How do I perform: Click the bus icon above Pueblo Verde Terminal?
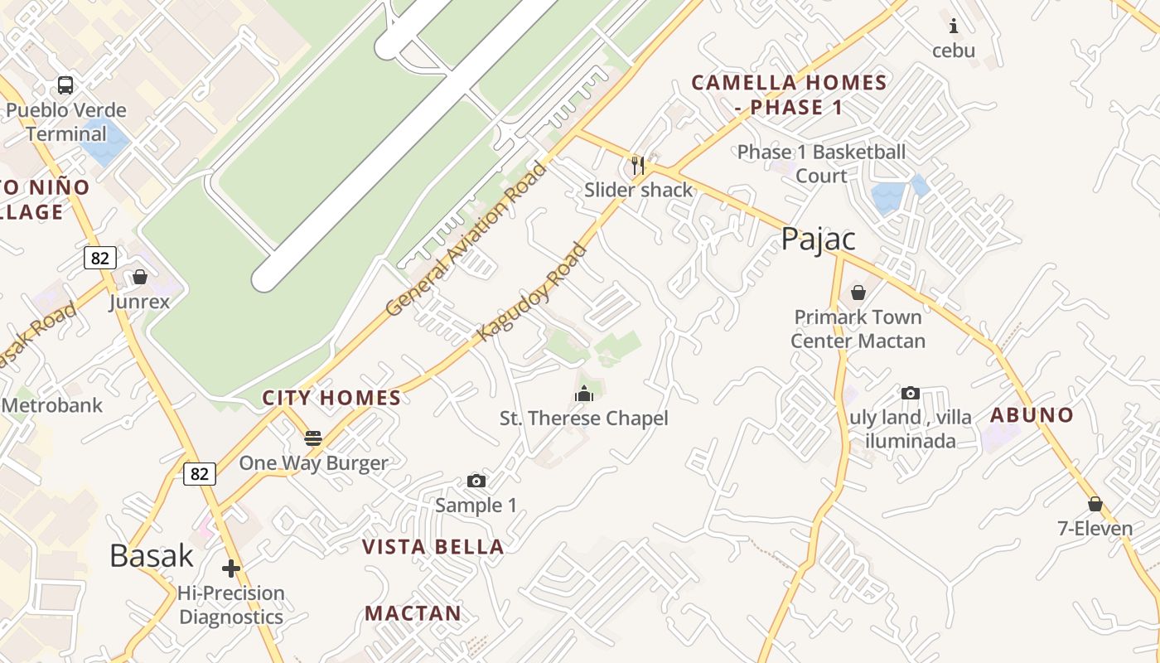[x=65, y=85]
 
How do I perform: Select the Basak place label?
[x=152, y=555]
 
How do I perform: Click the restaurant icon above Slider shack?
[x=637, y=166]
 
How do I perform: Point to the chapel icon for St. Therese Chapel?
[x=584, y=394]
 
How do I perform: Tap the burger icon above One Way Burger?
[x=312, y=438]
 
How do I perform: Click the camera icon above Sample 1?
[x=476, y=481]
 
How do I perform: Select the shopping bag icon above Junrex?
[x=140, y=276]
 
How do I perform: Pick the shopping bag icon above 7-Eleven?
[x=1095, y=503]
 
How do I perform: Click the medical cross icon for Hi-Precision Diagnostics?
[x=231, y=569]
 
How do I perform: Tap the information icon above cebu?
[x=954, y=26]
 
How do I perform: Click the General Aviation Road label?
[x=466, y=240]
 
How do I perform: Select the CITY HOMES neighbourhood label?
[x=331, y=398]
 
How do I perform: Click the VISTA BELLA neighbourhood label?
[x=433, y=547]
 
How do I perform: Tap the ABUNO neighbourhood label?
[x=1032, y=415]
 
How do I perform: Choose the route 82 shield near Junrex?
[x=99, y=258]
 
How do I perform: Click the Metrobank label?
[x=52, y=405]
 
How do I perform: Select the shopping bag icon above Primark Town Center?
[x=858, y=293]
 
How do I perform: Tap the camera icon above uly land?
[x=910, y=393]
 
